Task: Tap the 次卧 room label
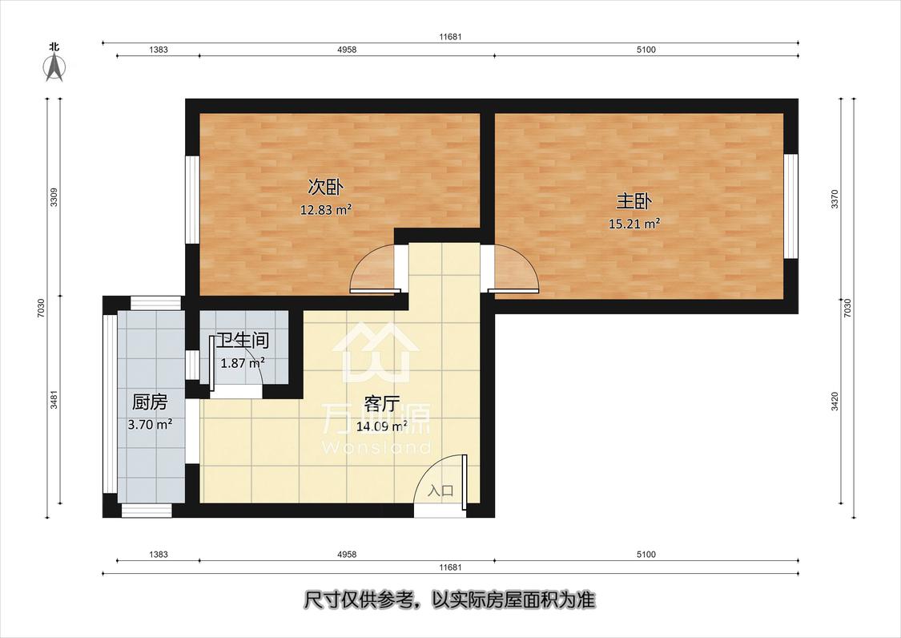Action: (326, 188)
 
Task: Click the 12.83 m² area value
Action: (326, 210)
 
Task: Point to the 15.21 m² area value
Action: (634, 224)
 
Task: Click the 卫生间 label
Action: (243, 340)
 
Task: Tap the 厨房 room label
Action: (150, 402)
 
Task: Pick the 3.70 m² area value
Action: (150, 425)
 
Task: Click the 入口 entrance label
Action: (440, 491)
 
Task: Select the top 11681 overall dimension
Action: (450, 37)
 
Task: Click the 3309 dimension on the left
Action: (54, 196)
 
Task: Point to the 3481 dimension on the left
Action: (54, 399)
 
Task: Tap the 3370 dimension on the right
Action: (835, 199)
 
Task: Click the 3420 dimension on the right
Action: (835, 402)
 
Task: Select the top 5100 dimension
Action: (646, 50)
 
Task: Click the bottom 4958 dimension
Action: (346, 555)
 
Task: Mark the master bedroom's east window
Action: (791, 206)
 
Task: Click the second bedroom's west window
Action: (192, 199)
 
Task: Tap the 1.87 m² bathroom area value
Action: (243, 363)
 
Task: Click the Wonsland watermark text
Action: (377, 447)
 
